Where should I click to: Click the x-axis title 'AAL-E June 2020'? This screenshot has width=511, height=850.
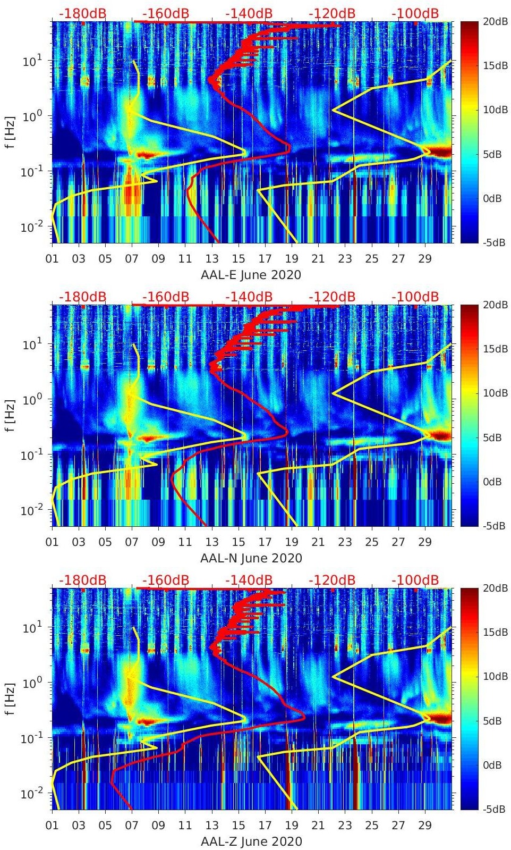point(251,275)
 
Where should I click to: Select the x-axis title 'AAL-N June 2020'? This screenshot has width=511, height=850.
point(251,558)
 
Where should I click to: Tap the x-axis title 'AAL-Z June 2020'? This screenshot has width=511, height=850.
point(251,841)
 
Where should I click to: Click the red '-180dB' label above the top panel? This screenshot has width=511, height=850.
point(83,13)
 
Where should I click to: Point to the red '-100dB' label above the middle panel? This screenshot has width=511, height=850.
point(415,297)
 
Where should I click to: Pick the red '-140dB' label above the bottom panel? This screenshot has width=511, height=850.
point(249,580)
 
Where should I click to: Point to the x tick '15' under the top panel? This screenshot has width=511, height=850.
point(238,259)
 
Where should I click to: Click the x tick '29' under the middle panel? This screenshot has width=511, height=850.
point(425,542)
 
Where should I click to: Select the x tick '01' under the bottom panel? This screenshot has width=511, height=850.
point(52,826)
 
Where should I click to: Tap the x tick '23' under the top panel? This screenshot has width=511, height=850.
point(345,259)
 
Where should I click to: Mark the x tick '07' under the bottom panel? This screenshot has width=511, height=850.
point(132,826)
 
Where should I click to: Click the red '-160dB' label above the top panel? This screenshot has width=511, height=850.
point(166,13)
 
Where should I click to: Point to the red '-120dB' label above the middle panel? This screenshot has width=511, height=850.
point(332,297)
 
